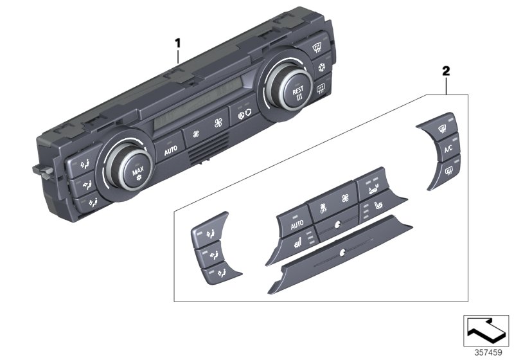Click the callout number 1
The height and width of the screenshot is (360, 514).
pyautogui.click(x=179, y=43)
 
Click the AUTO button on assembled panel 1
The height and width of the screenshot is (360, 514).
pyautogui.click(x=170, y=151)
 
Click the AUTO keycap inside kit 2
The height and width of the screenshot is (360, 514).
pyautogui.click(x=296, y=226)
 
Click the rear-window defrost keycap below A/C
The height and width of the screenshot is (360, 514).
pyautogui.click(x=448, y=170)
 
